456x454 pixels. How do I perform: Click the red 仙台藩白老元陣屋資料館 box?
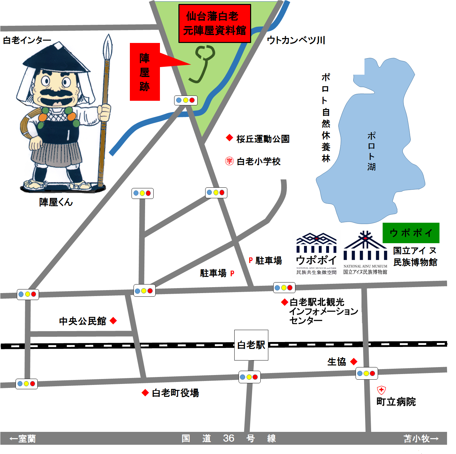[x=214, y=23]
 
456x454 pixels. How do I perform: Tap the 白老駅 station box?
[x=251, y=345]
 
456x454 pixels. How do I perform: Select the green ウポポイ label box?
[x=411, y=233]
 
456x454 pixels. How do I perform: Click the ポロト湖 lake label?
[x=371, y=151]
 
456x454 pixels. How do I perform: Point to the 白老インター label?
[x=27, y=40]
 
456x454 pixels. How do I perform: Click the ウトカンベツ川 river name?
[x=296, y=40]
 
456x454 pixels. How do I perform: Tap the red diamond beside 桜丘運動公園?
[x=229, y=138]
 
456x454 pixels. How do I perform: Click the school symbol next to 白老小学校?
[x=229, y=161]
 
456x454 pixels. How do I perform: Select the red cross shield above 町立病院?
[x=381, y=390]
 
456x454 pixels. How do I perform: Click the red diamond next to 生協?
[x=354, y=361]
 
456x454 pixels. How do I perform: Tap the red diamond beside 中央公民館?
[x=113, y=321]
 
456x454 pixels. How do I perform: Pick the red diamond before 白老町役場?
[x=145, y=393]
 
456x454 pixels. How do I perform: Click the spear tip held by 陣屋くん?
[x=108, y=46]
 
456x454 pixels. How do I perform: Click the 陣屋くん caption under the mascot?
[x=56, y=202]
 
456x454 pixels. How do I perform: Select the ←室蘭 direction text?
[x=22, y=438]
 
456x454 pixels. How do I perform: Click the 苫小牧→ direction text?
[x=421, y=438]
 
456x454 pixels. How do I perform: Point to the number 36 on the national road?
[x=229, y=438]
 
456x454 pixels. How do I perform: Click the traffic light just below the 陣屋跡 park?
[x=186, y=100]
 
